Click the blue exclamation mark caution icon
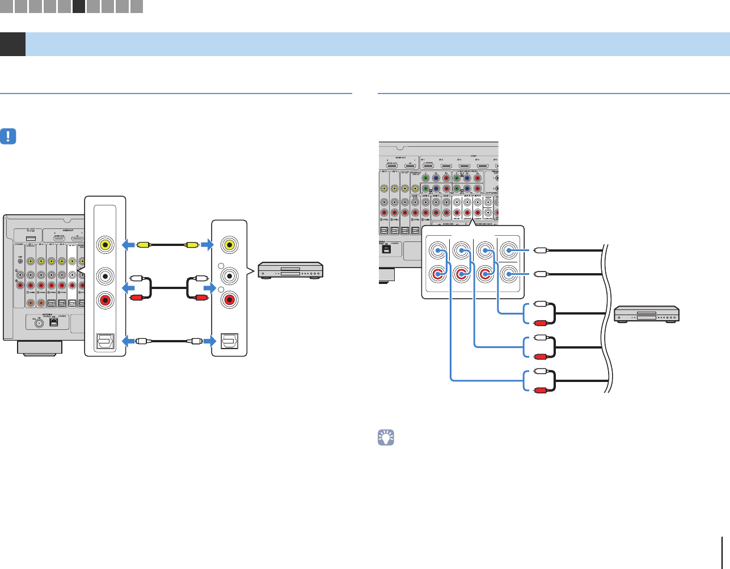(x=9, y=137)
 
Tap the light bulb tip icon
(x=386, y=438)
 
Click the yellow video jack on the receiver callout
(x=105, y=245)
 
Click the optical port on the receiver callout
(x=105, y=341)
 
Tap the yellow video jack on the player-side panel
(x=230, y=245)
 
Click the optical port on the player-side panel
(x=230, y=341)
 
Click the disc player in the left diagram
(x=290, y=270)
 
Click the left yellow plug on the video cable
(x=143, y=245)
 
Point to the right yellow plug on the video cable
(x=192, y=245)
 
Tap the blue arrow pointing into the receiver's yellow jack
(x=129, y=245)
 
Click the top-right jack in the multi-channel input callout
(x=509, y=250)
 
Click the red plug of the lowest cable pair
(x=539, y=390)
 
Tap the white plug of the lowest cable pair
(x=539, y=371)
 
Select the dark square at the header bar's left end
(x=12, y=44)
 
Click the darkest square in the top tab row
(x=79, y=6)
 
